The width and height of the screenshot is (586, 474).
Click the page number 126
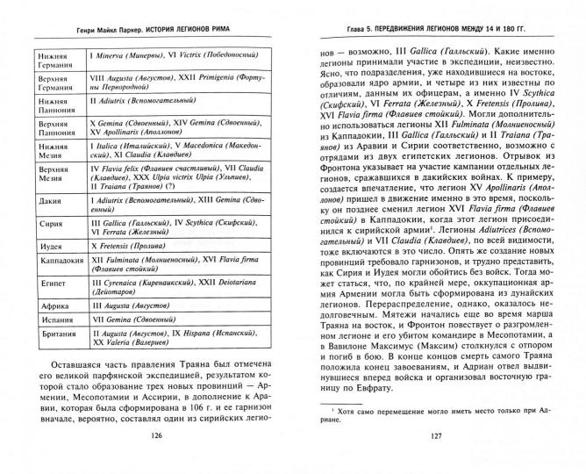[158, 457]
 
